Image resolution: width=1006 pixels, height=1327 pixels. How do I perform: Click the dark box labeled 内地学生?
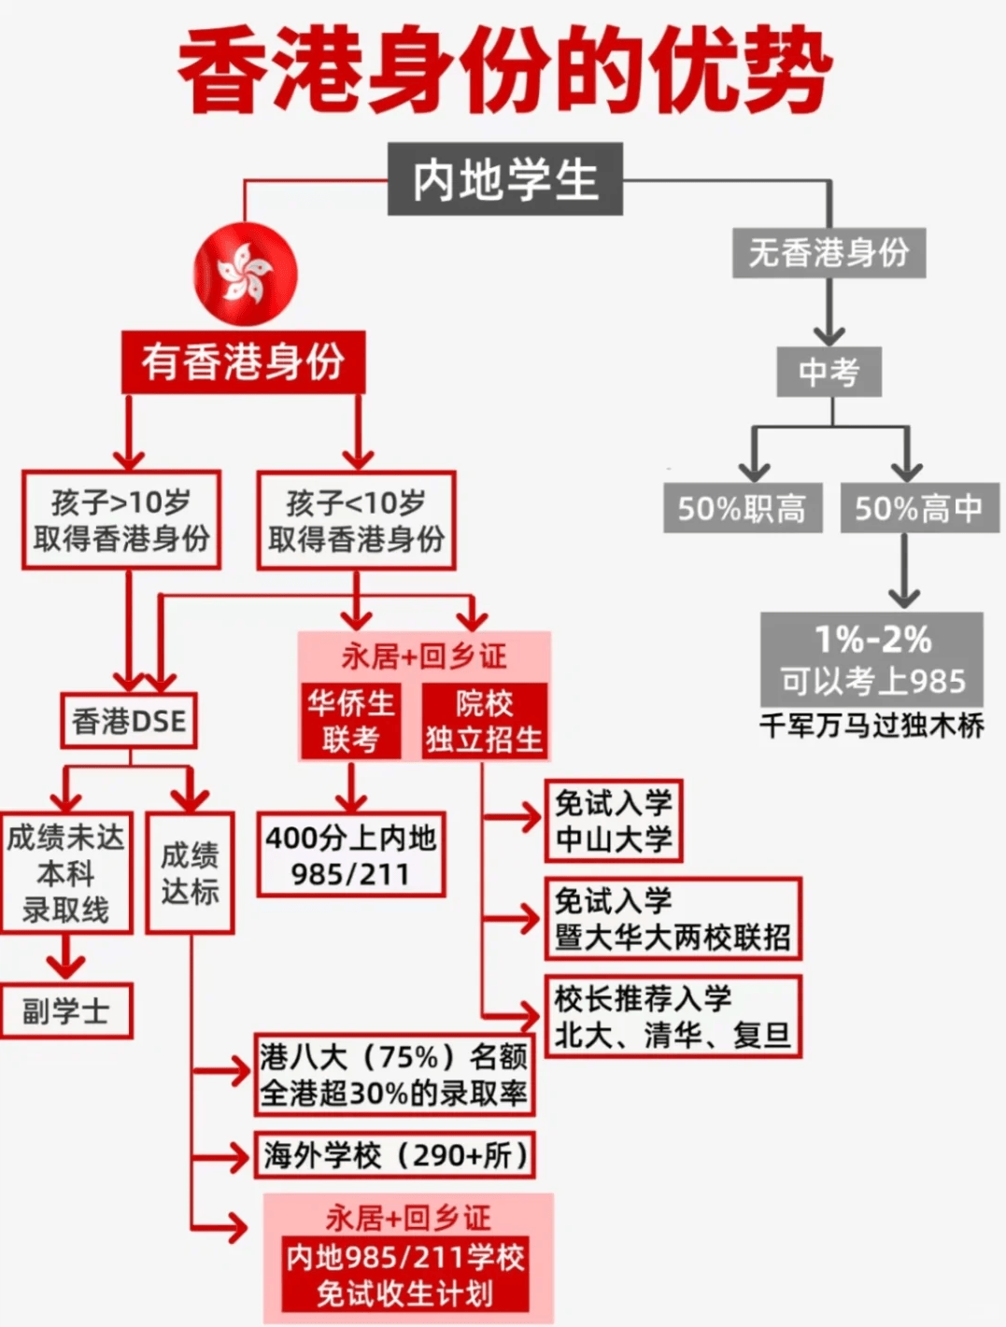click(x=504, y=179)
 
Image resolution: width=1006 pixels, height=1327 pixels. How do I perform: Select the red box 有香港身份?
click(x=243, y=362)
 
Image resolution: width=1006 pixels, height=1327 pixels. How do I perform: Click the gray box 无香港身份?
click(x=829, y=252)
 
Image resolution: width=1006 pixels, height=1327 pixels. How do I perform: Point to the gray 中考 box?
click(x=829, y=373)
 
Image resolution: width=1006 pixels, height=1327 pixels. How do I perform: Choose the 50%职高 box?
click(x=742, y=508)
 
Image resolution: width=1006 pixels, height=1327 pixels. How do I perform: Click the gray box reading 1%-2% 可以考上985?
click(x=871, y=659)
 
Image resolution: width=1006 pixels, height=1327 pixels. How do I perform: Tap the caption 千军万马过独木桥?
click(x=871, y=726)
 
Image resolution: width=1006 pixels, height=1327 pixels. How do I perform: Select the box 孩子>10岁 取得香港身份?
click(x=121, y=520)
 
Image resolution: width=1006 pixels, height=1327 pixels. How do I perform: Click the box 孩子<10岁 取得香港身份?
click(x=356, y=520)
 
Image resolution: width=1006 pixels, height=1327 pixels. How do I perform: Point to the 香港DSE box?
click(x=129, y=721)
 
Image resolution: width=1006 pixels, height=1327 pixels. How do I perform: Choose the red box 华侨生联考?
click(x=350, y=721)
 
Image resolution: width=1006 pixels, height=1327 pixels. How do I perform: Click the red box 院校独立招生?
click(x=483, y=721)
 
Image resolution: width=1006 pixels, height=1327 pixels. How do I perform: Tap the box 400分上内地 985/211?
click(x=350, y=855)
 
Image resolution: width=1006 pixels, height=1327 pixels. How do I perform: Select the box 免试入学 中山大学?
click(x=614, y=821)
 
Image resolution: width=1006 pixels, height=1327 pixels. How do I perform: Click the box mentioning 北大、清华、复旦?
click(x=673, y=1016)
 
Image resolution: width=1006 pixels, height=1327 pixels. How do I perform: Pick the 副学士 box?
click(x=65, y=1011)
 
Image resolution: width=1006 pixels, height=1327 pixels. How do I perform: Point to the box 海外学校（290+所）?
click(x=395, y=1156)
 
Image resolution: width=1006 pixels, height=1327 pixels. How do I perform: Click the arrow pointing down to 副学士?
click(x=65, y=959)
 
